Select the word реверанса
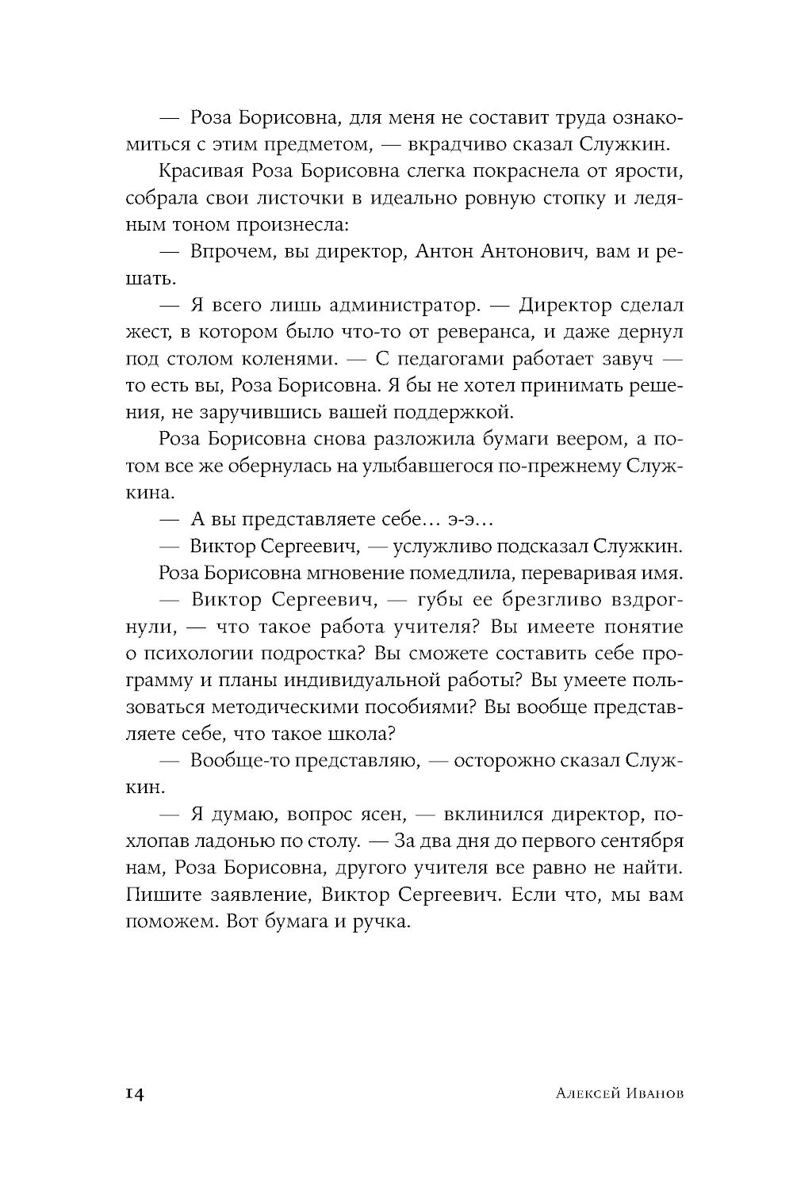pos(504,331)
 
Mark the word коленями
pos(285,358)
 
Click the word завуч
pos(626,358)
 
